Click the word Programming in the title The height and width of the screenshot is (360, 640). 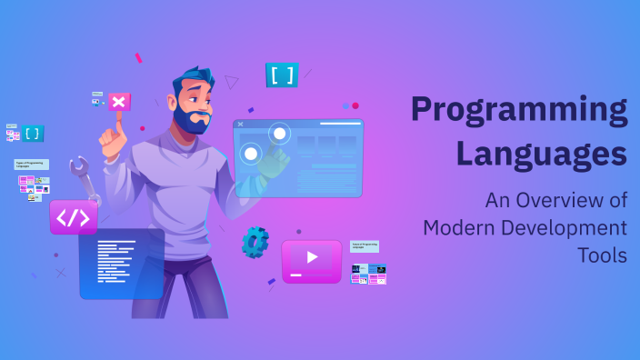[519, 111]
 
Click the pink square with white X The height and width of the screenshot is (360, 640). [119, 102]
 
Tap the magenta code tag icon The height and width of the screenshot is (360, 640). [73, 218]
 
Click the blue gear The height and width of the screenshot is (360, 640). [255, 241]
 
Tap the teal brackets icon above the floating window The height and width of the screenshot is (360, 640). [282, 75]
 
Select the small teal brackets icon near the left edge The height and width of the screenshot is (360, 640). [33, 133]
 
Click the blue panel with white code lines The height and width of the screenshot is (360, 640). [121, 264]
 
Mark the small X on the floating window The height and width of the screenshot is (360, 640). [240, 124]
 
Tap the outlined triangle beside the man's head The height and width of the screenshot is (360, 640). [232, 82]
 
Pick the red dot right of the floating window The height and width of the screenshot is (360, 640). [355, 105]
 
